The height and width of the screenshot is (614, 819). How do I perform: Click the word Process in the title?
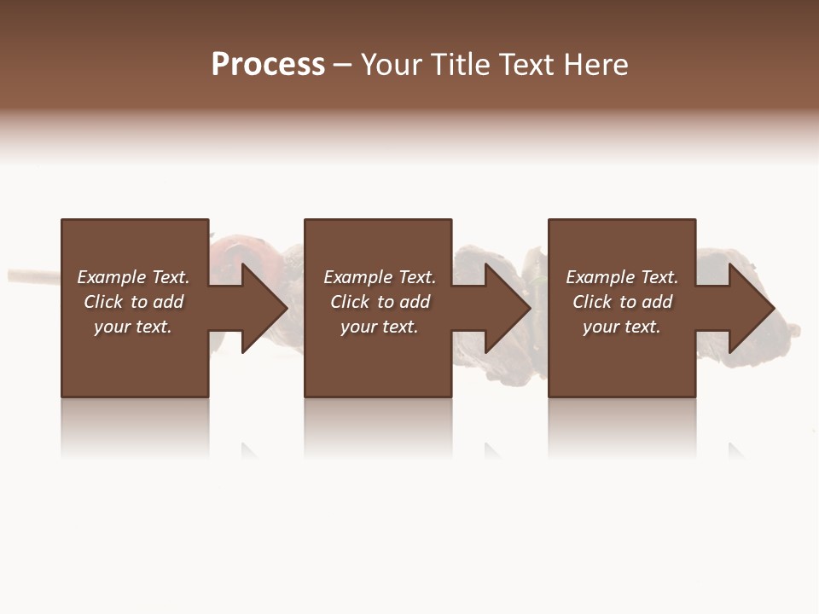click(x=268, y=65)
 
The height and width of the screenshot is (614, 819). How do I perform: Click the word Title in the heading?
click(x=458, y=65)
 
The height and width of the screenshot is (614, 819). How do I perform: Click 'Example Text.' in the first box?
click(x=133, y=277)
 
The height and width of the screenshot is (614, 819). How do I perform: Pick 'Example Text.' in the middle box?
click(x=380, y=277)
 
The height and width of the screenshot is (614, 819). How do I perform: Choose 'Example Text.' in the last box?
click(x=622, y=277)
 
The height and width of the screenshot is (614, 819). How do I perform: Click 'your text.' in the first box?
click(x=133, y=327)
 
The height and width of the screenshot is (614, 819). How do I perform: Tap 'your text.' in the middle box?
click(x=380, y=327)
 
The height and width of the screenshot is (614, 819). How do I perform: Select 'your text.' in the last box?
click(x=622, y=327)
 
